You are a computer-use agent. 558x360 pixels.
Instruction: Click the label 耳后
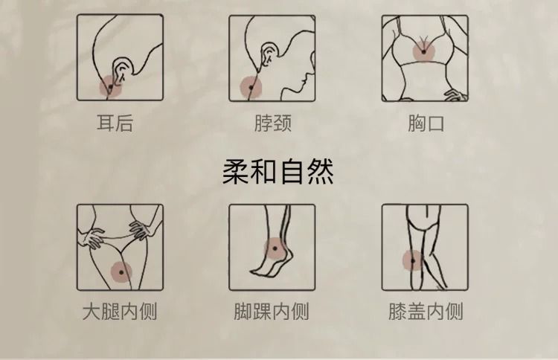click(x=115, y=123)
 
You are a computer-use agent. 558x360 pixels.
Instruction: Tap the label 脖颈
click(x=273, y=123)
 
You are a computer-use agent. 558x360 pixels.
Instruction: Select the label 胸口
click(x=426, y=123)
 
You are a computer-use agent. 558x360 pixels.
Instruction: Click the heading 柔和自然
click(x=278, y=172)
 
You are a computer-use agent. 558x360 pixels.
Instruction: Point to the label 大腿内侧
click(x=120, y=311)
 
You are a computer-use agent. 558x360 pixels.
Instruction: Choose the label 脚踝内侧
click(x=271, y=311)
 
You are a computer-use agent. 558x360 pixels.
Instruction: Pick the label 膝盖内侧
click(x=426, y=311)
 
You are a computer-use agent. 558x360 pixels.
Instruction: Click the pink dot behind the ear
click(x=110, y=86)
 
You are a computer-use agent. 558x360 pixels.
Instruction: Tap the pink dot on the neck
click(x=251, y=88)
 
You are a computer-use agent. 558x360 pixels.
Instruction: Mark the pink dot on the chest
click(x=424, y=52)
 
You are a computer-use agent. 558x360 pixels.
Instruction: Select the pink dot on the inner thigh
click(x=121, y=272)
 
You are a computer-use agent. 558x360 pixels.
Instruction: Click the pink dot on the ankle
click(x=275, y=248)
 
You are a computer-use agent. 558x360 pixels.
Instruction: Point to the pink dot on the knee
click(x=413, y=261)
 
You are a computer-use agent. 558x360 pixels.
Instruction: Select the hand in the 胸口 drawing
click(x=455, y=95)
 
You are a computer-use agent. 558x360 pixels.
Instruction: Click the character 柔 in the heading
click(x=235, y=172)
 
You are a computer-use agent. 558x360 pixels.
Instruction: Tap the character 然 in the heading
click(x=321, y=172)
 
